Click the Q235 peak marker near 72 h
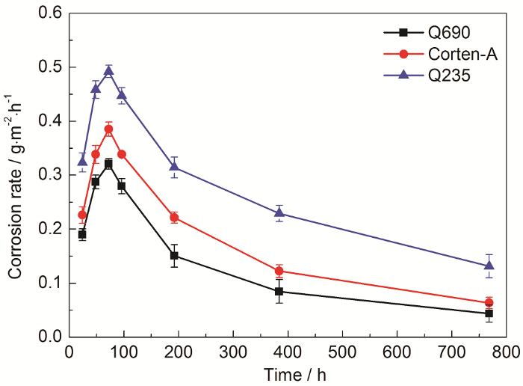[x=108, y=71]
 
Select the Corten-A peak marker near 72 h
[x=108, y=129]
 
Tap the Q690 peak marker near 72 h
[x=108, y=164]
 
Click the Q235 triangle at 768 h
[x=489, y=265]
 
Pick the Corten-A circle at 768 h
[x=489, y=303]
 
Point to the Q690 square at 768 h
[x=489, y=313]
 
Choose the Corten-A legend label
[x=463, y=54]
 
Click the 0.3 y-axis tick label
[x=50, y=175]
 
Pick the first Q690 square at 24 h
[x=82, y=234]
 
